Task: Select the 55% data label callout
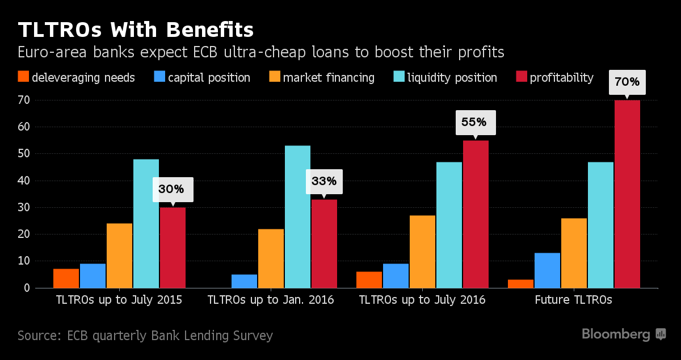coord(476,123)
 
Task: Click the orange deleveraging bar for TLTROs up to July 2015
coord(66,278)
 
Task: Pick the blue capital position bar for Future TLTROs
coord(547,270)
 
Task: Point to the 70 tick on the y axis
coord(23,101)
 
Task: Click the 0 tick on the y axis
coord(26,288)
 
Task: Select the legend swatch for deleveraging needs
coord(23,77)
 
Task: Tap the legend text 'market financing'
coord(329,77)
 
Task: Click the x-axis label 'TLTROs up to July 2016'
coord(422,300)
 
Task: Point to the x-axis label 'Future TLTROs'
coord(573,300)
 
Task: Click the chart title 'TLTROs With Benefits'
coord(136,29)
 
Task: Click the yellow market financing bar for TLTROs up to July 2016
coord(422,252)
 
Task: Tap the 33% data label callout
coord(324,182)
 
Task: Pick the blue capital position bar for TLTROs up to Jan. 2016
coord(244,281)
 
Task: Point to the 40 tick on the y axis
coord(23,181)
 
